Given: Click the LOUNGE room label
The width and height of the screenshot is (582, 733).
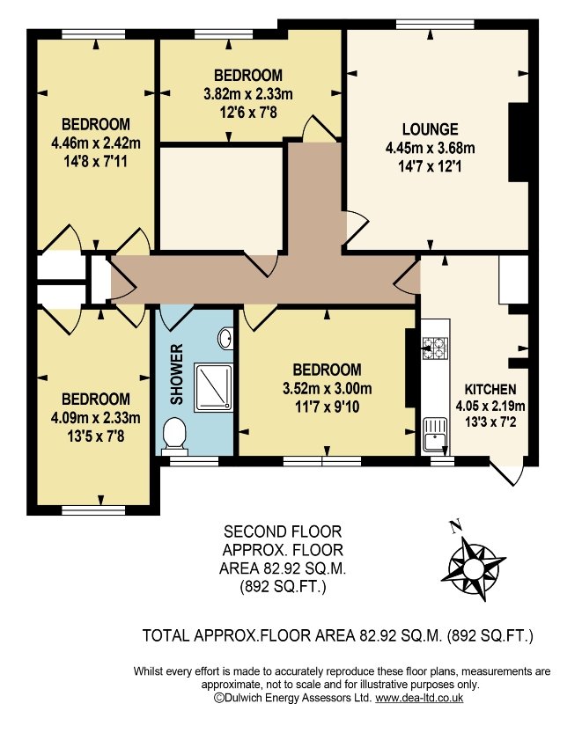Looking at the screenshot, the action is point(430,129).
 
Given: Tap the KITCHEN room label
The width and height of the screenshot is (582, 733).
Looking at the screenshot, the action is point(490,389).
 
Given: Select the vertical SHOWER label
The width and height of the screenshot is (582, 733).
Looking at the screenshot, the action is point(176,375).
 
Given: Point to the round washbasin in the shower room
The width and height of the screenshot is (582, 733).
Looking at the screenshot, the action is point(225,338).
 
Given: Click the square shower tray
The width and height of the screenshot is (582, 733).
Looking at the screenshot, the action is point(213,387).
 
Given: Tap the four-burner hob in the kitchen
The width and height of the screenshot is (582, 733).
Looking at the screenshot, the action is point(435,348).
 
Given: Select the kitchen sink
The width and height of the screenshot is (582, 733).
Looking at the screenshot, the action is point(435,436).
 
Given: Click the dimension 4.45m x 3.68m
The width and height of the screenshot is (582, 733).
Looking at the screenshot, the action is point(430,148).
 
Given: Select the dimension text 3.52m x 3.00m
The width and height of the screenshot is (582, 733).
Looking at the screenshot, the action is point(327,388).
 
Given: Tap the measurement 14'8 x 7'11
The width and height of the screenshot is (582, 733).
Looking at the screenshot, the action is point(95,162).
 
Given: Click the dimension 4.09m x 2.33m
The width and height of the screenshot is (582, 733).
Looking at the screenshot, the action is point(95,417).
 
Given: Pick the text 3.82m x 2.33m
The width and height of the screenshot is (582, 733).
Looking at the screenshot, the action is point(248,94).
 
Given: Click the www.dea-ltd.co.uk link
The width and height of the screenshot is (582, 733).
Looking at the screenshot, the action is point(419,698).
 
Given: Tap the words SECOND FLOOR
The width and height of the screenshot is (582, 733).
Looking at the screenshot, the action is point(283,531).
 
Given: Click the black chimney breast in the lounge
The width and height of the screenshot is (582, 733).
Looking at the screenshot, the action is point(519,142).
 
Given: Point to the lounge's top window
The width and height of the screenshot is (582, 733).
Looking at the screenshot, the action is point(435,25).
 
